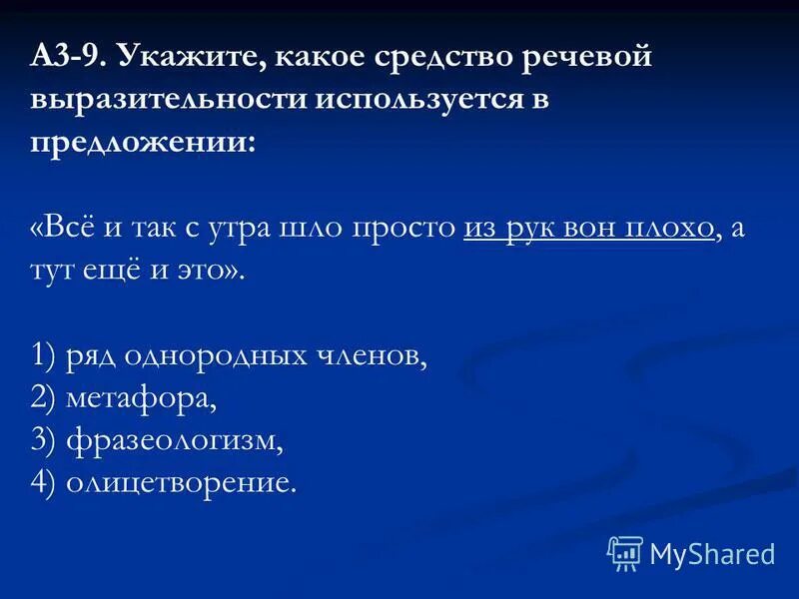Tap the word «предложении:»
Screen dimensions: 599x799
point(144,143)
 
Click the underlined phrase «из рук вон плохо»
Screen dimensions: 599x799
point(589,228)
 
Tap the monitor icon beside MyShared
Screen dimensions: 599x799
point(624,553)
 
